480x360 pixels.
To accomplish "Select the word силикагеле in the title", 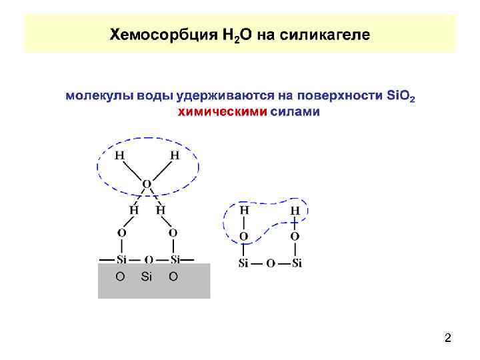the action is coord(327,34).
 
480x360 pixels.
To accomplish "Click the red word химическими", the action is coord(223,111).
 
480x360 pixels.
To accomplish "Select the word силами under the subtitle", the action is coord(295,111).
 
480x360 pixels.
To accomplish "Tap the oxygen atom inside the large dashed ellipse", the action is coord(147,183).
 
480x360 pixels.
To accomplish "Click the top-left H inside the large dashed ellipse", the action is coord(119,155).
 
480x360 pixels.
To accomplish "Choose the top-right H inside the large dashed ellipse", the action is coord(175,155).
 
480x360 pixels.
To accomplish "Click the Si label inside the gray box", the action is coord(147,276).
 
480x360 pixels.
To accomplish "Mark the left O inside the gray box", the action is coord(120,276).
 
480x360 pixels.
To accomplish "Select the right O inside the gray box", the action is coord(173,276).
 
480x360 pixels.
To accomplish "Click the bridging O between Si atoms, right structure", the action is coord(270,263).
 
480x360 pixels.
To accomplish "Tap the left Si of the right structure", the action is coord(244,263).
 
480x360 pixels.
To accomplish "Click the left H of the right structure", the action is coord(244,210).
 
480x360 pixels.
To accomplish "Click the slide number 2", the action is coord(448,339).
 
